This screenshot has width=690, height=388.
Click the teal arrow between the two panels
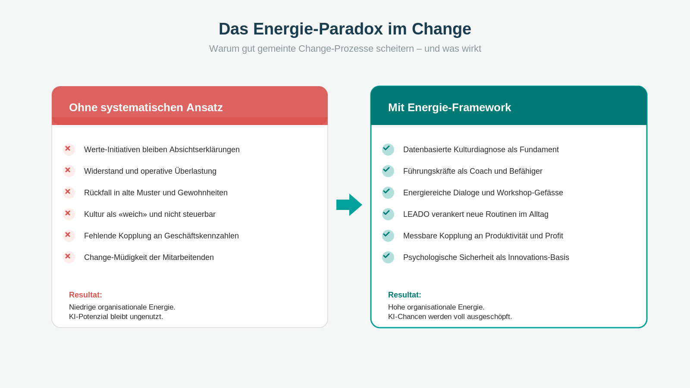349,205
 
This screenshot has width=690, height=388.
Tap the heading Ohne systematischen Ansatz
146,107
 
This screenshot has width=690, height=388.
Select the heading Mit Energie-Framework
449,107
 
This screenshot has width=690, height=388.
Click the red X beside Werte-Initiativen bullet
69,149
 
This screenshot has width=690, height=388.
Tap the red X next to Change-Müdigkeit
69,257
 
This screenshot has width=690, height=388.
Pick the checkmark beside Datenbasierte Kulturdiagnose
388,149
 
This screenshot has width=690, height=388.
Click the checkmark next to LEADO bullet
388,214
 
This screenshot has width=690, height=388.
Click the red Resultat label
85,295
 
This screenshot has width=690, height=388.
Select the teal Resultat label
405,295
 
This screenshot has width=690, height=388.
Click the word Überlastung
195,171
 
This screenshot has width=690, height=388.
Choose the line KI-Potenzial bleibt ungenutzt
116,316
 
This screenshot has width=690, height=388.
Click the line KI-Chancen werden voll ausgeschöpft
450,316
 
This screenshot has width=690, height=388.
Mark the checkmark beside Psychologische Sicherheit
388,257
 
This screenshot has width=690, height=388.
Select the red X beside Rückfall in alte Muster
69,192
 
